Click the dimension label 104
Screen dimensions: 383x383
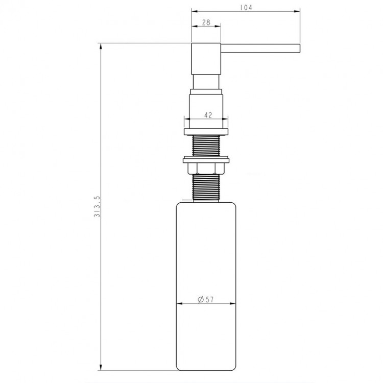pos(246,8)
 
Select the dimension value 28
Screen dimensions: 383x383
pos(206,22)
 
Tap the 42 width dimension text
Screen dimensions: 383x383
pos(208,115)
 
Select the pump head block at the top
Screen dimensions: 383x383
pos(206,59)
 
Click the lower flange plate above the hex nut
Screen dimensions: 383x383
pos(206,160)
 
